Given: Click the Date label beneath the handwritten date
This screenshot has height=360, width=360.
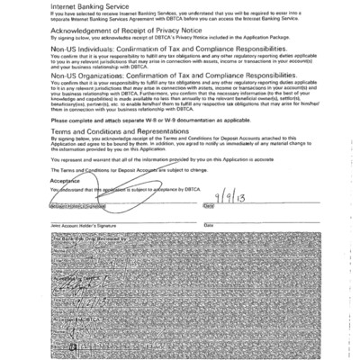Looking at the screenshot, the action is [x=208, y=206].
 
